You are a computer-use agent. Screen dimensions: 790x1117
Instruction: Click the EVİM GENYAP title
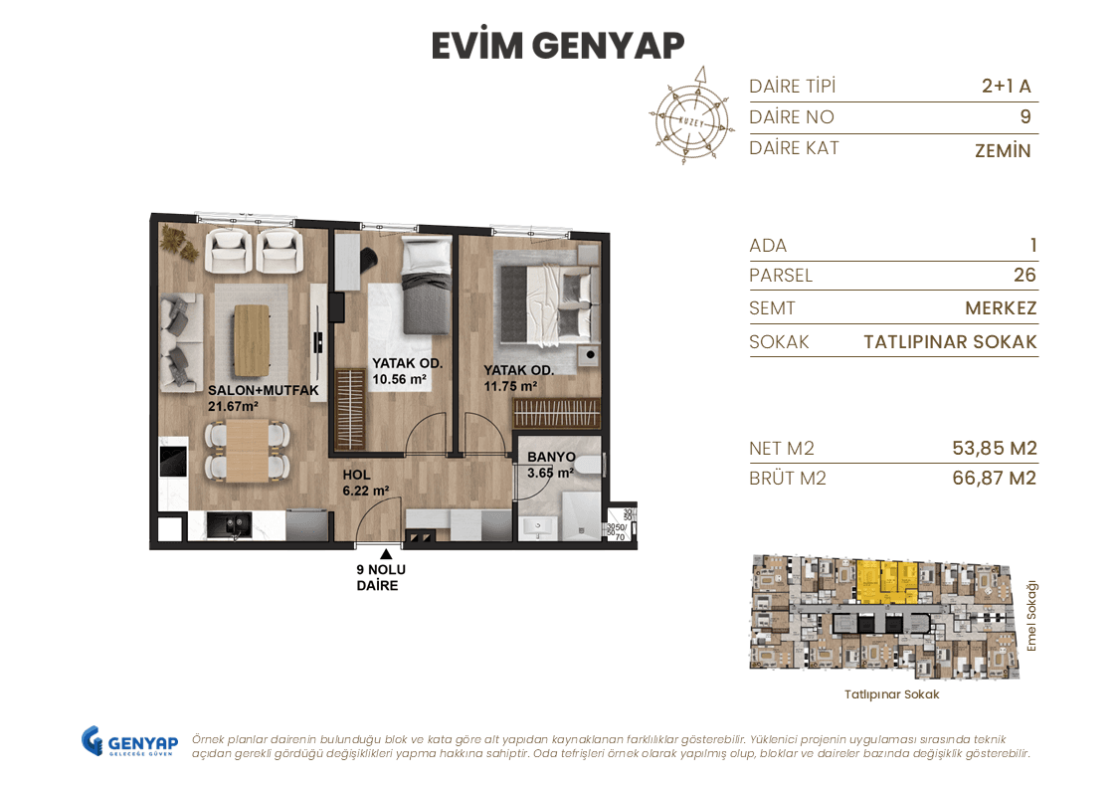[558, 46]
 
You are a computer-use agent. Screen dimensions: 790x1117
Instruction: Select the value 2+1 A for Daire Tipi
[1006, 87]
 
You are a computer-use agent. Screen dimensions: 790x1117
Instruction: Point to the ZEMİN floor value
[1003, 151]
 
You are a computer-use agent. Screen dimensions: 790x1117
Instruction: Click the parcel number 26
[1024, 276]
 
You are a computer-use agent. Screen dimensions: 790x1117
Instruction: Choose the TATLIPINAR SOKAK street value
[950, 342]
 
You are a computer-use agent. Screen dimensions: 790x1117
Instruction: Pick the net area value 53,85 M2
[994, 449]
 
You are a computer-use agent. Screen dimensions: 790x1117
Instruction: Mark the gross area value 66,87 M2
[994, 479]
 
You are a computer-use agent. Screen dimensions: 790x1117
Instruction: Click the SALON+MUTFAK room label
[263, 391]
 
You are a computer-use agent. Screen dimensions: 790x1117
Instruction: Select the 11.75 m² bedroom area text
[510, 386]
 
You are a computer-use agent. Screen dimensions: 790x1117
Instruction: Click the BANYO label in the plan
[552, 458]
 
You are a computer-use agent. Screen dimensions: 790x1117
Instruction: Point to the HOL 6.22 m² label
[365, 483]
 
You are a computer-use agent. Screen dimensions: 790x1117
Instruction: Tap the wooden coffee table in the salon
[252, 335]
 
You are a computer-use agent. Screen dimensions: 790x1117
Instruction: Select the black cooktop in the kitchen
[173, 463]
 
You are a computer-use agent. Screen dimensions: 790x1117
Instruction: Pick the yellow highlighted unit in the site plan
[886, 581]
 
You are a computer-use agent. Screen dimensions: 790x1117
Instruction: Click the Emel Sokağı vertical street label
[1031, 616]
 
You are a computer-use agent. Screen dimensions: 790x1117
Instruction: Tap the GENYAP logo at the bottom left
[129, 742]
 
